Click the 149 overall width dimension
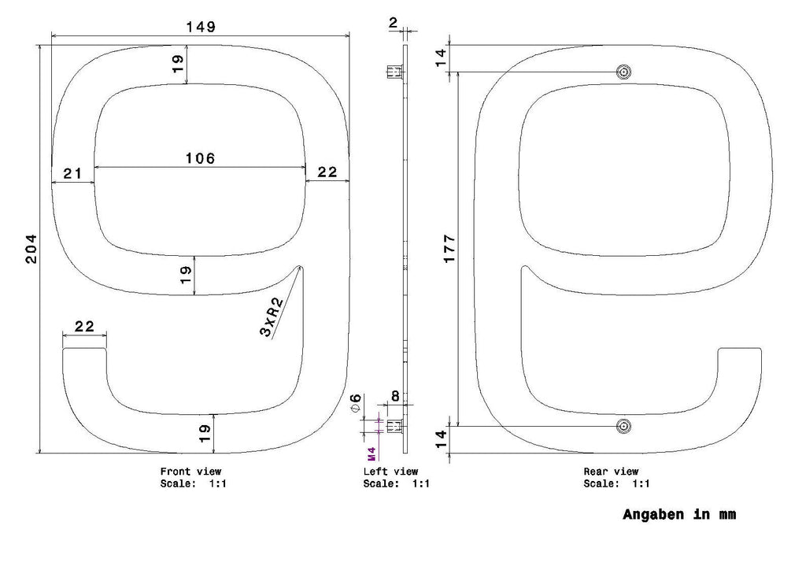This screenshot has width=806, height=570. (201, 27)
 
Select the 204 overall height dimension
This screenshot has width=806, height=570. (31, 250)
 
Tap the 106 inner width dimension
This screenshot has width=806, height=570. (200, 158)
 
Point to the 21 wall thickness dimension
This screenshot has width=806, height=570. (72, 173)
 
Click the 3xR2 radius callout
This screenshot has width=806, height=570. (272, 317)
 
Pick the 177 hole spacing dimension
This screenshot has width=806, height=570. (449, 249)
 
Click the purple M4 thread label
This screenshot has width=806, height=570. (372, 453)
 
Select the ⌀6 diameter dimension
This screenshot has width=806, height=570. (356, 402)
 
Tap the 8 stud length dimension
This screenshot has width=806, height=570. (395, 396)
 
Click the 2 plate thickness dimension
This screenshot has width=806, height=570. (394, 22)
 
